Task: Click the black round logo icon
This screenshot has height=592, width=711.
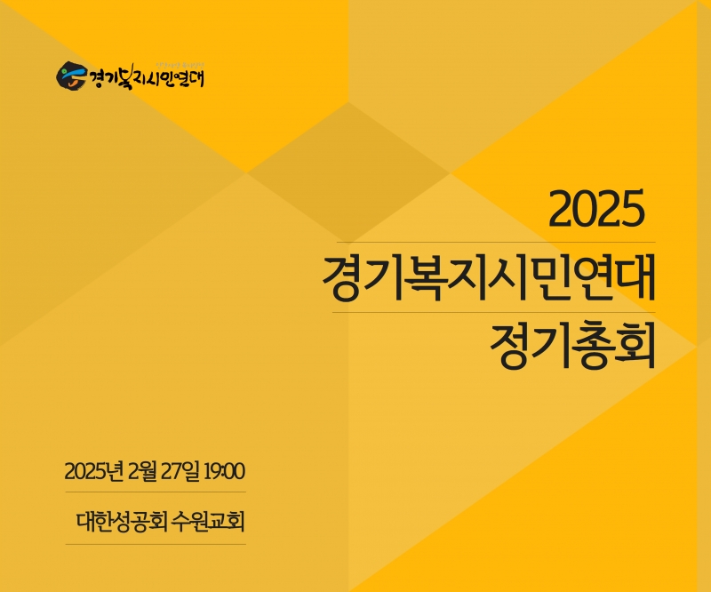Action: tap(71, 76)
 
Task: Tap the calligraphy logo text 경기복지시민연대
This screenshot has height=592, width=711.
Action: tap(146, 77)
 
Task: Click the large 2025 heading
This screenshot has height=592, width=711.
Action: tap(596, 209)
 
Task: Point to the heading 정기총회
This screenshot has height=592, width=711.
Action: tap(573, 346)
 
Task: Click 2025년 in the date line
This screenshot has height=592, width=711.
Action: tap(94, 471)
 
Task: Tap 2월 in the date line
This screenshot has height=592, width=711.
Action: tap(142, 471)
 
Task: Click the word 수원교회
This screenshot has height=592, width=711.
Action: tap(209, 522)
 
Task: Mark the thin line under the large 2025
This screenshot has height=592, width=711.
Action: tap(496, 243)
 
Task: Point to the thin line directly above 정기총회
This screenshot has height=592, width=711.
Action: tap(494, 312)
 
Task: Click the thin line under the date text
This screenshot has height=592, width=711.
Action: tap(156, 492)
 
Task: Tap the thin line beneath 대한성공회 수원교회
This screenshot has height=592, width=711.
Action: tap(156, 544)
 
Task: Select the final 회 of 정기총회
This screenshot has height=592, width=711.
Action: tap(635, 346)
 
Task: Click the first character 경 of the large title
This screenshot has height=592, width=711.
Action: tap(342, 277)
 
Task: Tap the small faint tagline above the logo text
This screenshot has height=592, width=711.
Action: tap(181, 65)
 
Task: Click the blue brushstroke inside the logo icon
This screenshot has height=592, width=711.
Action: tap(76, 74)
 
